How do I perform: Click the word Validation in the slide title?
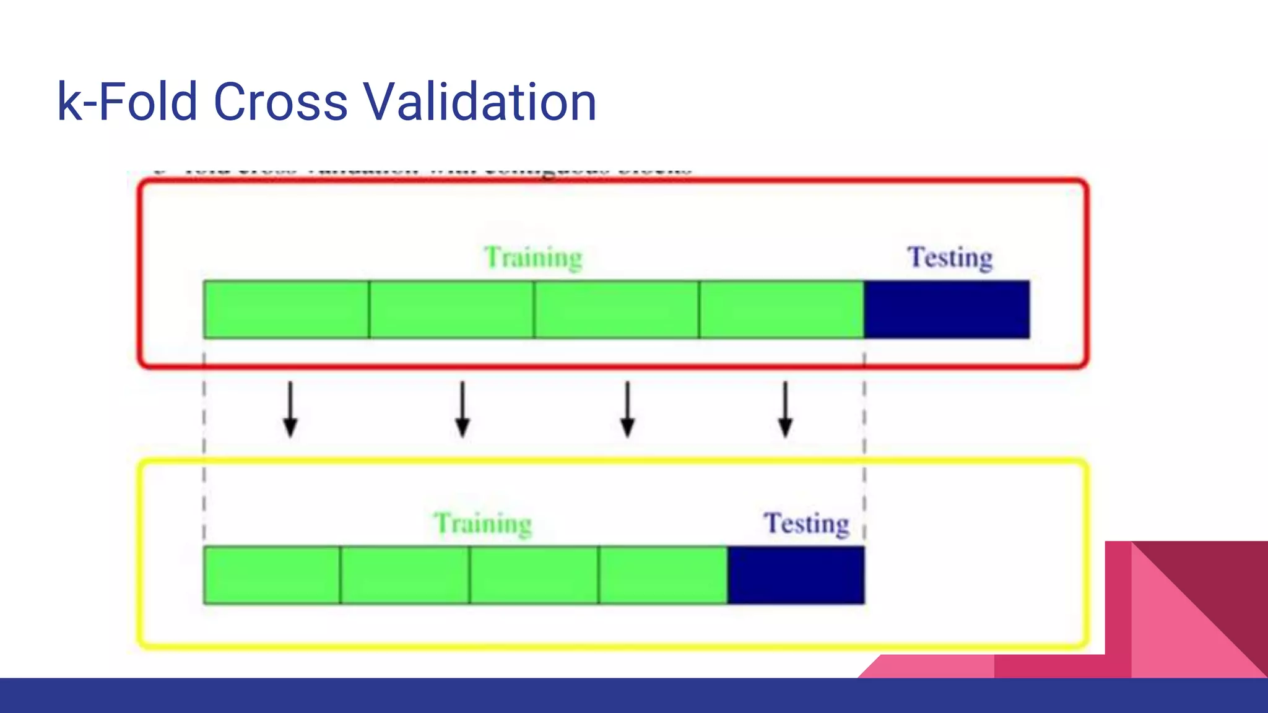pyautogui.click(x=479, y=102)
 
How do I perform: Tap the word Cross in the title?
pyautogui.click(x=280, y=102)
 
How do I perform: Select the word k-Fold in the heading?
pyautogui.click(x=127, y=102)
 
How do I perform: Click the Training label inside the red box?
pyautogui.click(x=533, y=257)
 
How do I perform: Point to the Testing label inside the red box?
pyautogui.click(x=950, y=257)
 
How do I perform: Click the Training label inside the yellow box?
pyautogui.click(x=482, y=524)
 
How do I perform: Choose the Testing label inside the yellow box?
pyautogui.click(x=806, y=524)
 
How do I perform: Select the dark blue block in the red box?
pyautogui.click(x=947, y=309)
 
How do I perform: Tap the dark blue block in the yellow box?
pyautogui.click(x=796, y=575)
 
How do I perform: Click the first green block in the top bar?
pyautogui.click(x=286, y=309)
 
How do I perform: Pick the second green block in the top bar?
pyautogui.click(x=451, y=309)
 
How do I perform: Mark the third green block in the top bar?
pyautogui.click(x=616, y=309)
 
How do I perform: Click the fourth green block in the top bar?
pyautogui.click(x=781, y=309)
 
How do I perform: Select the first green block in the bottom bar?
pyautogui.click(x=272, y=575)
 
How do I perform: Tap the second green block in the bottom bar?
pyautogui.click(x=405, y=575)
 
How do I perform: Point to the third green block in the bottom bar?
pyautogui.click(x=534, y=575)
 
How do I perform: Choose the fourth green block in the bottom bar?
pyautogui.click(x=663, y=575)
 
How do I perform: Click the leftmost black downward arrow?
pyautogui.click(x=290, y=410)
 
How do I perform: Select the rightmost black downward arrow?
pyautogui.click(x=785, y=410)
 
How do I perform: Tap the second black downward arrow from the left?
pyautogui.click(x=462, y=410)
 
